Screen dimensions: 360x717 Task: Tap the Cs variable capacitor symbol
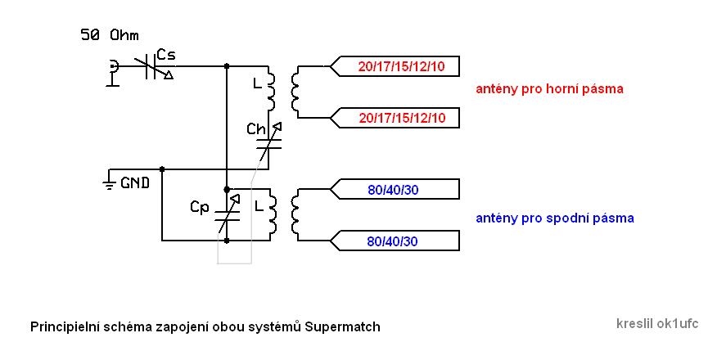[x=151, y=66]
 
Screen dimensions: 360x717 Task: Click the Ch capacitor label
[x=256, y=129]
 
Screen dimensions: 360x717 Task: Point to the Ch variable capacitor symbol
[x=269, y=143]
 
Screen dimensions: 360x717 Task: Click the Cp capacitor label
[x=200, y=207]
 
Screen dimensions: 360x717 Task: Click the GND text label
[x=135, y=182]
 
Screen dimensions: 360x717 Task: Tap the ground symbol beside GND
[x=109, y=181]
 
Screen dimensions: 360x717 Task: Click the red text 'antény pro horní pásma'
[x=550, y=88]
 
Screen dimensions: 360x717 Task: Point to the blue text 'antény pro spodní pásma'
[x=555, y=218]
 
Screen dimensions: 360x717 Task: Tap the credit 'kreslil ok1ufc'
[x=657, y=323]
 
